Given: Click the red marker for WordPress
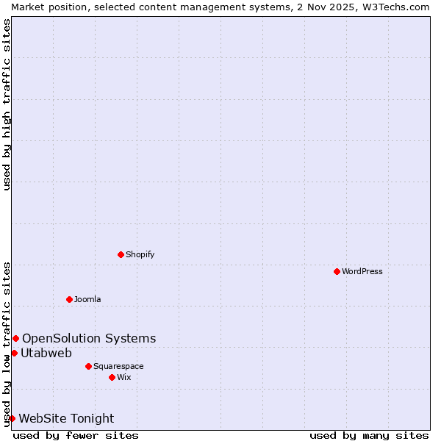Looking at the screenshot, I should click(x=337, y=271).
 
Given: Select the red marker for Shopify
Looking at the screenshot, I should click(x=121, y=254).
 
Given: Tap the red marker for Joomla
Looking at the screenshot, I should click(x=69, y=299).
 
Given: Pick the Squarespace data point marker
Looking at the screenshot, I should click(x=88, y=366).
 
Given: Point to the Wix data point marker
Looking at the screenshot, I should click(x=112, y=377).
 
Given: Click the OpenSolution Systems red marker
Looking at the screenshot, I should click(x=15, y=338).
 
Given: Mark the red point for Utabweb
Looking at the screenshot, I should click(x=14, y=353).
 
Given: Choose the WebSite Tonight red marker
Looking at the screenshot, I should click(x=12, y=418).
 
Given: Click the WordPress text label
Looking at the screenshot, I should click(x=362, y=271).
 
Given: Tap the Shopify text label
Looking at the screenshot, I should click(x=140, y=254).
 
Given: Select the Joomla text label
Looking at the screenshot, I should click(x=87, y=299).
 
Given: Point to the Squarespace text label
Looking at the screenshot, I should click(x=118, y=366).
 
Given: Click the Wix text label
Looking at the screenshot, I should click(x=123, y=377).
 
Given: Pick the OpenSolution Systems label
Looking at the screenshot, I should click(x=89, y=338).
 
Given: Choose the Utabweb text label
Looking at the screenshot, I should click(x=46, y=353).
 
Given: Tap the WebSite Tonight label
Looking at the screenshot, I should click(x=66, y=418).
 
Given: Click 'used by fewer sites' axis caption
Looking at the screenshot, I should click(x=76, y=435).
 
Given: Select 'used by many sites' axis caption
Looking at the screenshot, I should click(x=369, y=435).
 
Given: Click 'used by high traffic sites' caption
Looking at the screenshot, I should click(x=7, y=104).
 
